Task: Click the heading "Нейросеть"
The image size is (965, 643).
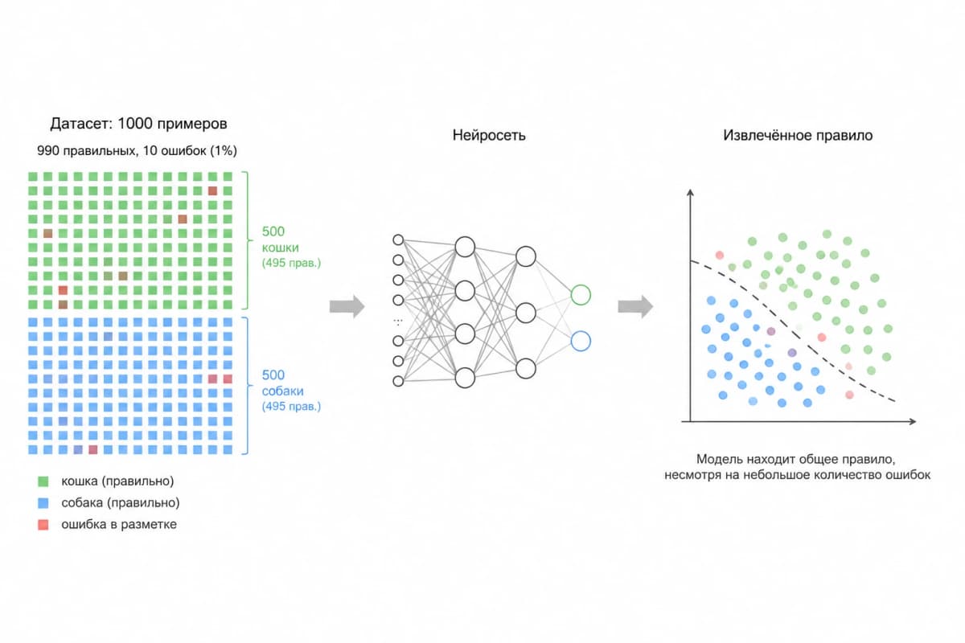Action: [x=489, y=135]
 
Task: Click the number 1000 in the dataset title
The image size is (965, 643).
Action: [x=135, y=124]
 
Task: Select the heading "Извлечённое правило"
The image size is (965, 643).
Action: [x=798, y=135]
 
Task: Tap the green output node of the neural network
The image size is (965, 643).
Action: [x=581, y=295]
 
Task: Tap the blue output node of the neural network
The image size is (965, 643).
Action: [x=581, y=341]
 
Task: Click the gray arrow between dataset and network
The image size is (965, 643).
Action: [x=347, y=307]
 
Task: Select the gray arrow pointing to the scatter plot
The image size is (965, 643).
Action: [x=635, y=307]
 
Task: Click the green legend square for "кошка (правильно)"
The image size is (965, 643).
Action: [x=43, y=481]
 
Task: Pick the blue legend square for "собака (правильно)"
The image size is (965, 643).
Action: [x=43, y=503]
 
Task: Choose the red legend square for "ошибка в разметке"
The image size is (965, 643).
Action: [x=43, y=525]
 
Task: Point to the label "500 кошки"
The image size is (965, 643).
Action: [x=280, y=240]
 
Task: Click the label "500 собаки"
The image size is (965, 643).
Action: [x=282, y=383]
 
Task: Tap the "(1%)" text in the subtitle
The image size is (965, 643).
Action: [x=224, y=151]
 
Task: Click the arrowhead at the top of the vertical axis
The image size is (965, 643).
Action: [x=690, y=193]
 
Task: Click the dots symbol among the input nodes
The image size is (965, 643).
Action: [x=398, y=321]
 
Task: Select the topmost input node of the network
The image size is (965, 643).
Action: [x=398, y=240]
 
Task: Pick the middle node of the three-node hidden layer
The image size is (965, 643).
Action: [x=526, y=313]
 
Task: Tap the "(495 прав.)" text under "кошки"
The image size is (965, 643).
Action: [x=291, y=263]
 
